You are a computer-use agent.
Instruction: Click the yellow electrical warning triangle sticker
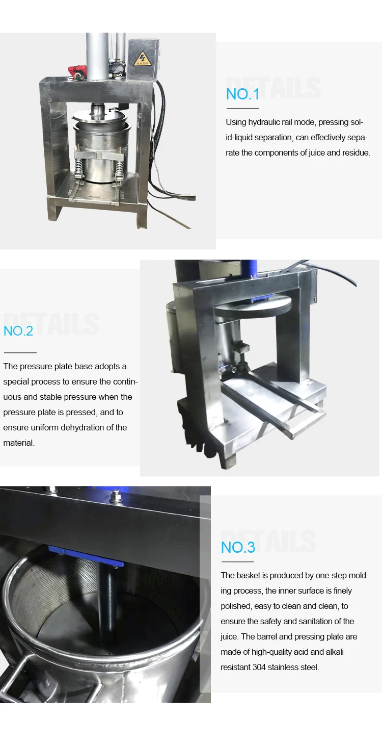point(143,58)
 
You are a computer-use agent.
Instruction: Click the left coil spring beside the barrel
point(79,164)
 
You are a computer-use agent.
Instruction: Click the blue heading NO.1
point(242,94)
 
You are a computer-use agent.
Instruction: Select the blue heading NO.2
point(18,330)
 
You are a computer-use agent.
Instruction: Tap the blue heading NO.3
point(238,547)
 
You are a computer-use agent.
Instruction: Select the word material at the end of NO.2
point(19,443)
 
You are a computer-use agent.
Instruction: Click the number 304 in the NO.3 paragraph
point(260,667)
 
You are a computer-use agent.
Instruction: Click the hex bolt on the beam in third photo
point(116,498)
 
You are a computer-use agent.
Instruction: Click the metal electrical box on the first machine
point(144,60)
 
